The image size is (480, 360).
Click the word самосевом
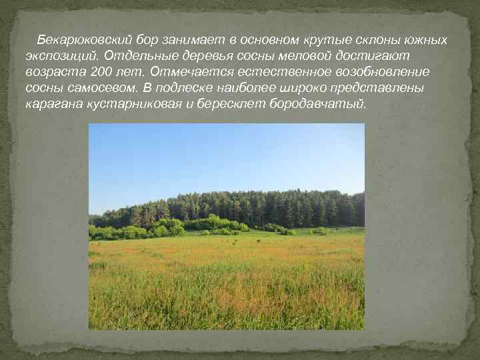tap(101, 88)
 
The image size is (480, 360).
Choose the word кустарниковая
tap(132, 104)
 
